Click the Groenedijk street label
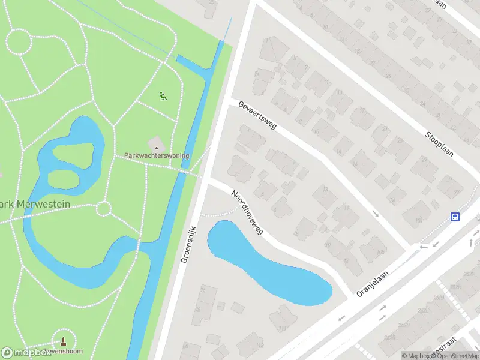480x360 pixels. pos(188,245)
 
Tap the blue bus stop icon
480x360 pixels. pos(455,217)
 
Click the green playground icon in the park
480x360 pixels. pos(162,95)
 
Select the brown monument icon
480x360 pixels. pos(64,341)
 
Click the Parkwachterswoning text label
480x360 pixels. pos(157,155)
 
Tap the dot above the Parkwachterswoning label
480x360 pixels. pos(157,147)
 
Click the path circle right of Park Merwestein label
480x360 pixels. pos(104,209)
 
